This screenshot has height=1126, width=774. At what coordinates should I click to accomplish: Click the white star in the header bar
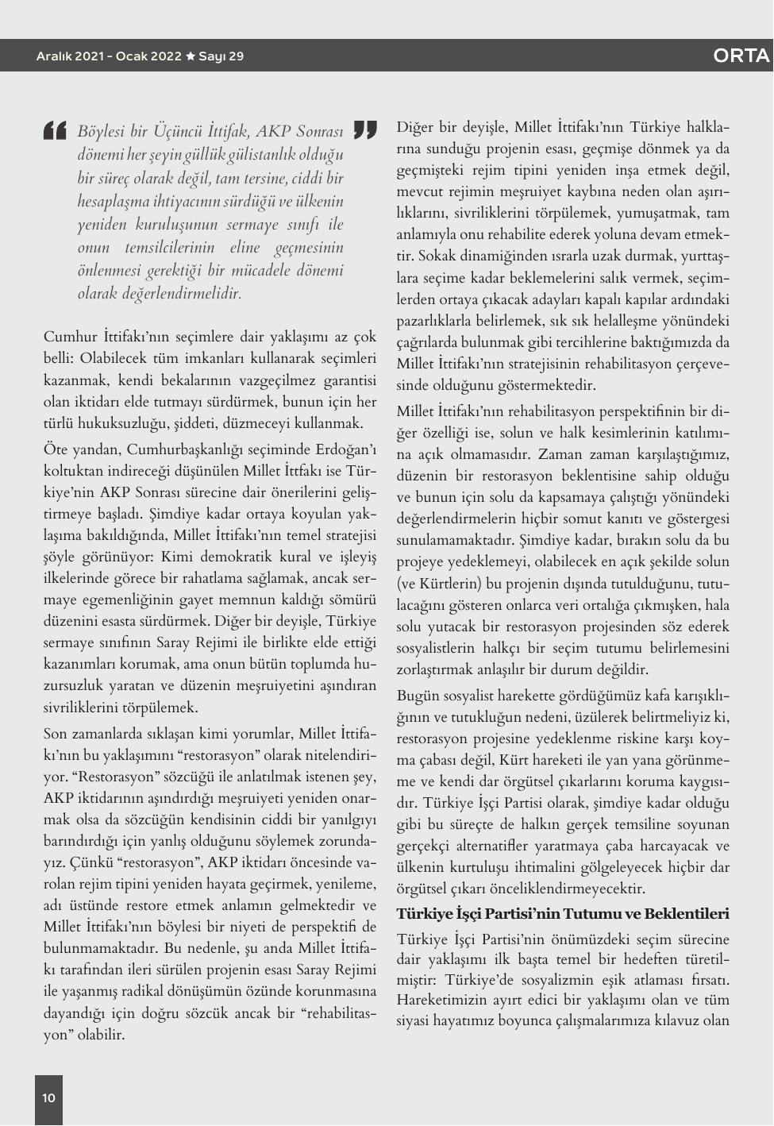[190, 56]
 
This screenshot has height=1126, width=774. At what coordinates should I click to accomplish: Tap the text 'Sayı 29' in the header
[221, 56]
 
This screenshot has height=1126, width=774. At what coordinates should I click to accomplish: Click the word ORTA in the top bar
[741, 56]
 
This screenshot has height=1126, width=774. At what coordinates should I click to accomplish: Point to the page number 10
[48, 1098]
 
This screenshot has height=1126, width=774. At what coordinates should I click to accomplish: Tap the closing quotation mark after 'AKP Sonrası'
[364, 129]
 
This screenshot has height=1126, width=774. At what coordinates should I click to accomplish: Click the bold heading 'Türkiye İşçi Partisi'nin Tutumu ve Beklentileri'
[562, 914]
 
